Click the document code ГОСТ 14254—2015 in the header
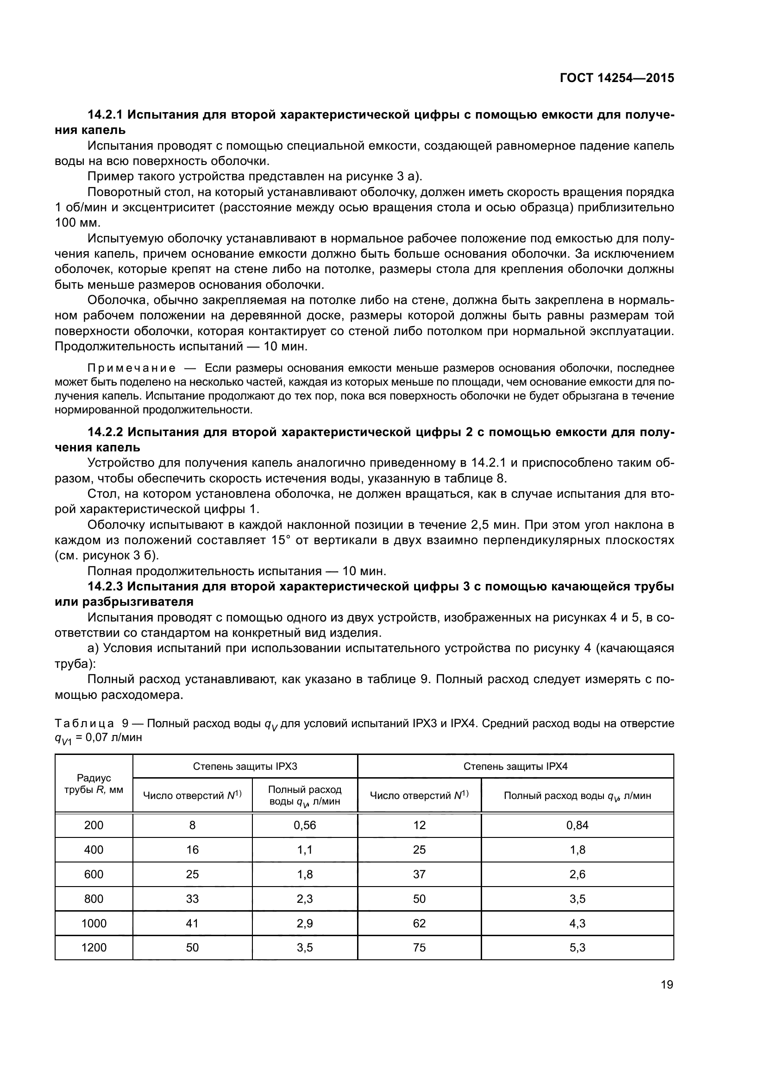pos(616,78)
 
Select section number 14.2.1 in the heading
pos(105,115)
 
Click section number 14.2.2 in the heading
pos(105,432)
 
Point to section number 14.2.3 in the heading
pos(105,587)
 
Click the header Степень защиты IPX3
pos(245,766)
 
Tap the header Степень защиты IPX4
pos(515,766)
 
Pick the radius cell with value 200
pos(94,825)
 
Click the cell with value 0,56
pos(305,825)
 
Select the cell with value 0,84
pos(578,825)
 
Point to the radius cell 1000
pos(94,924)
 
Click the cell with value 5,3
pos(578,948)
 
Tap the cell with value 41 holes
pos(193,924)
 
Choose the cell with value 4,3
pos(578,924)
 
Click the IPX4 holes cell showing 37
pos(419,875)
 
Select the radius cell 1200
pos(94,948)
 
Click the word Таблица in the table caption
pos(84,724)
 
